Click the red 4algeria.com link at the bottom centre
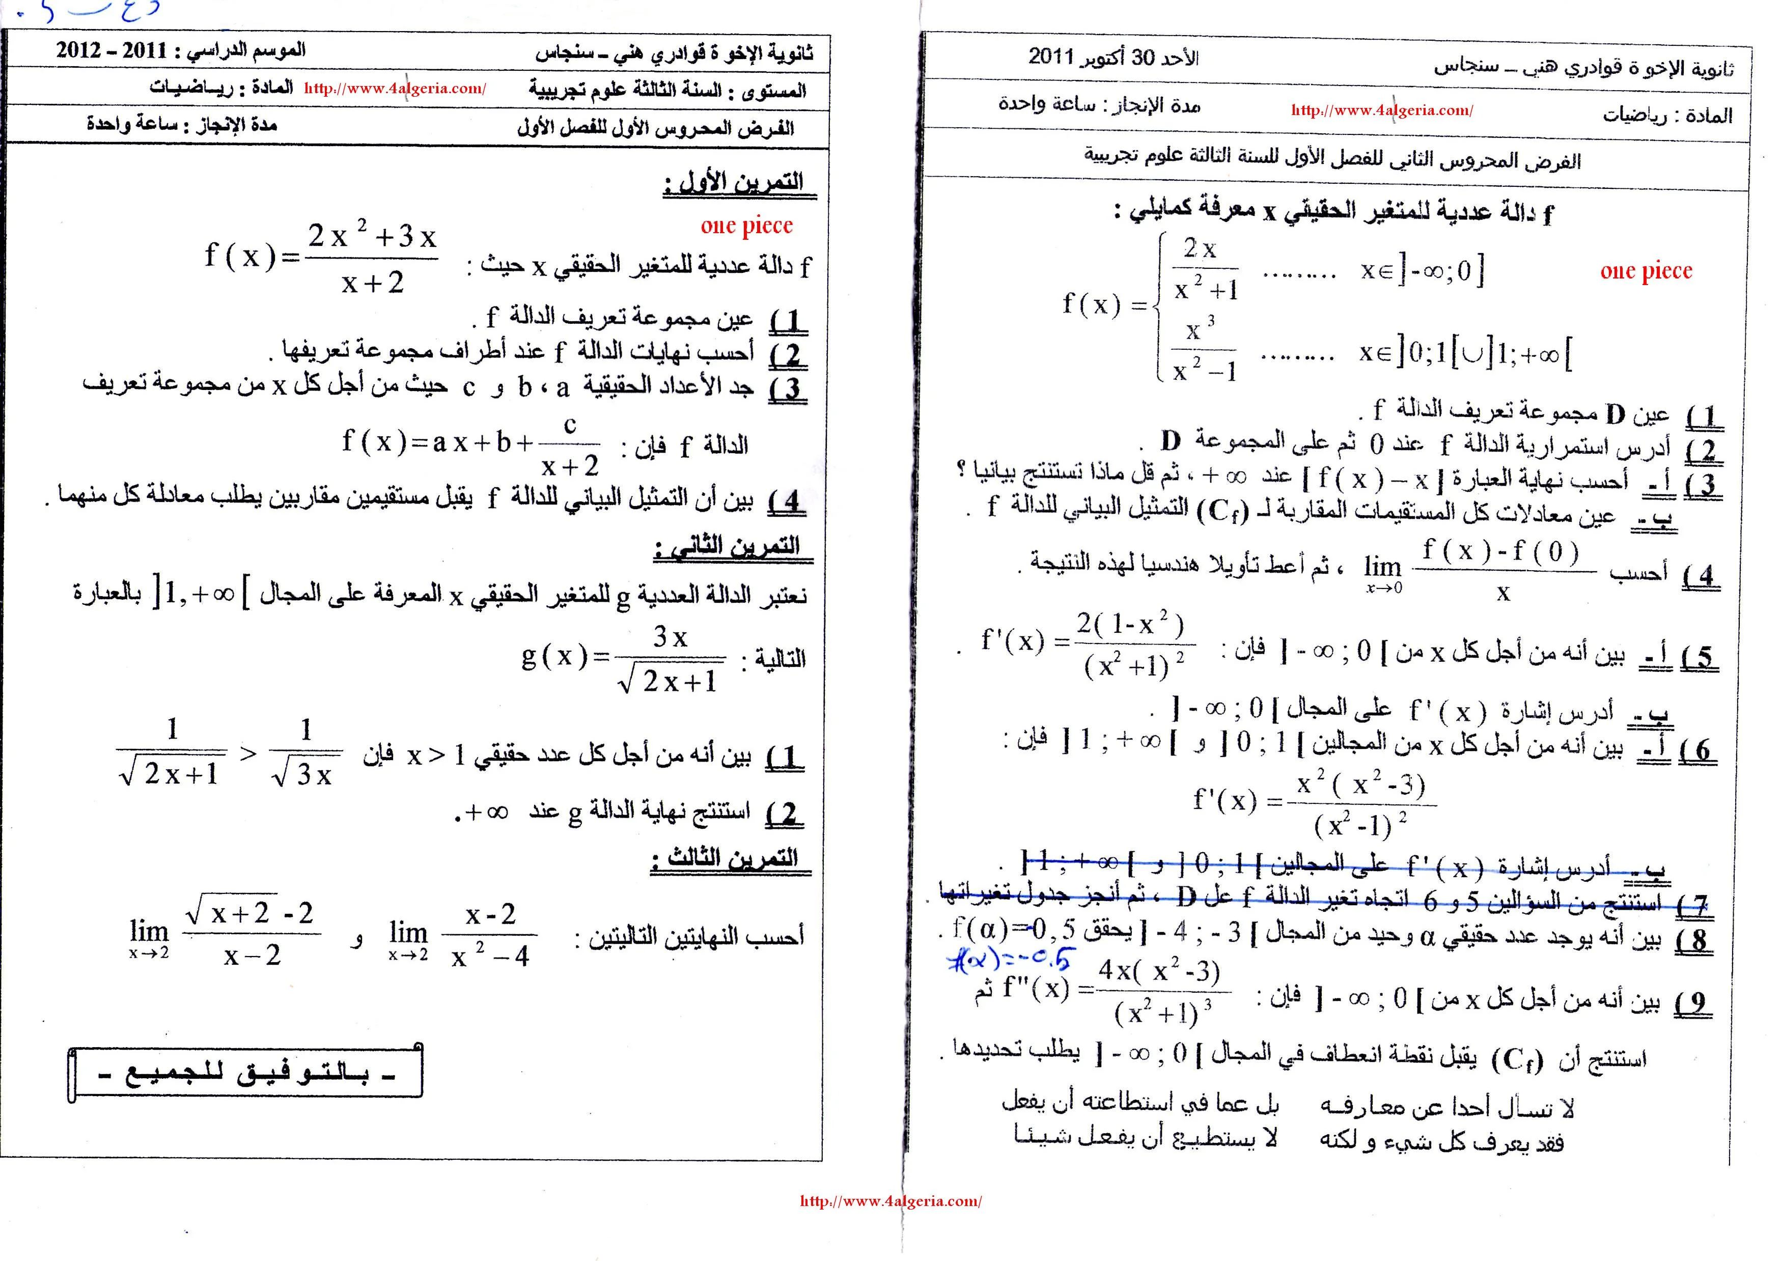890,1201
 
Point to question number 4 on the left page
788,501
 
